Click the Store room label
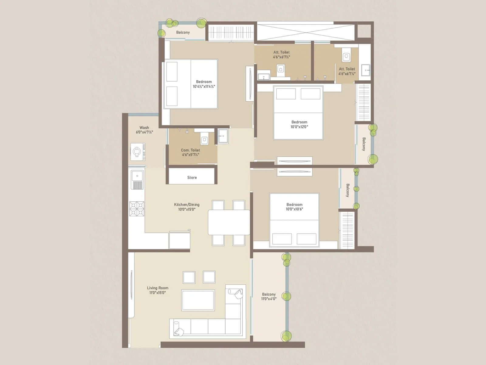point(192,178)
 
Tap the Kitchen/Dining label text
point(187,205)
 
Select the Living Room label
point(157,288)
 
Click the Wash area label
point(144,128)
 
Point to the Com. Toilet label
point(190,150)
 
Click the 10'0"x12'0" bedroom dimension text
point(299,127)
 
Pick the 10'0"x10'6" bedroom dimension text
point(294,209)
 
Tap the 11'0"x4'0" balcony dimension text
point(269,299)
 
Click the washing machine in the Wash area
point(138,151)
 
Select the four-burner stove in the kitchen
point(137,209)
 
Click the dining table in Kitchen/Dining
point(229,222)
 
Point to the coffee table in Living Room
point(198,300)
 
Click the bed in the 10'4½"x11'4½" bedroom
point(191,84)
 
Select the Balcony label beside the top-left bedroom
point(183,33)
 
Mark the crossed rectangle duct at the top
point(306,31)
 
